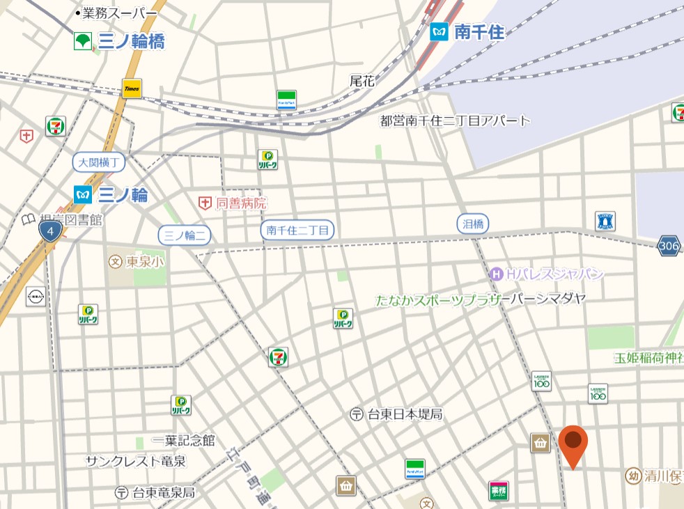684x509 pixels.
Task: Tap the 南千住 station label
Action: tap(468, 31)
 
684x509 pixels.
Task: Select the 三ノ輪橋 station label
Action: tap(121, 41)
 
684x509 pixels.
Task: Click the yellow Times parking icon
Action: tap(132, 88)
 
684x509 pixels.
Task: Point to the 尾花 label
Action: tap(362, 81)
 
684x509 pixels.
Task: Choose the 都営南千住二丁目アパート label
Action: tap(455, 120)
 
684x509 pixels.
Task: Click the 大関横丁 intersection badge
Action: tap(99, 163)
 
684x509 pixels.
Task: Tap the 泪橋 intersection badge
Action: tap(473, 224)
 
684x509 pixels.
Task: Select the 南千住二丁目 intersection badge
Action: tap(298, 229)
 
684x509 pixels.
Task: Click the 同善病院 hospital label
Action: tap(233, 203)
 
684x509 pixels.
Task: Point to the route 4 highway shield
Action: tap(49, 231)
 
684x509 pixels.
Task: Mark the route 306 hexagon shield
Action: tap(669, 245)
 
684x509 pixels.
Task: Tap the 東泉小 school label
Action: tap(137, 262)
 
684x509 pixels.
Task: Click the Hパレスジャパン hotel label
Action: tap(547, 274)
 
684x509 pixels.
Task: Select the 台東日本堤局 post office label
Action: tap(396, 414)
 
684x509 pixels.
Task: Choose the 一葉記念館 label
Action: tap(185, 441)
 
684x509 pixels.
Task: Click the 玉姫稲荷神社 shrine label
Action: tap(648, 358)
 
